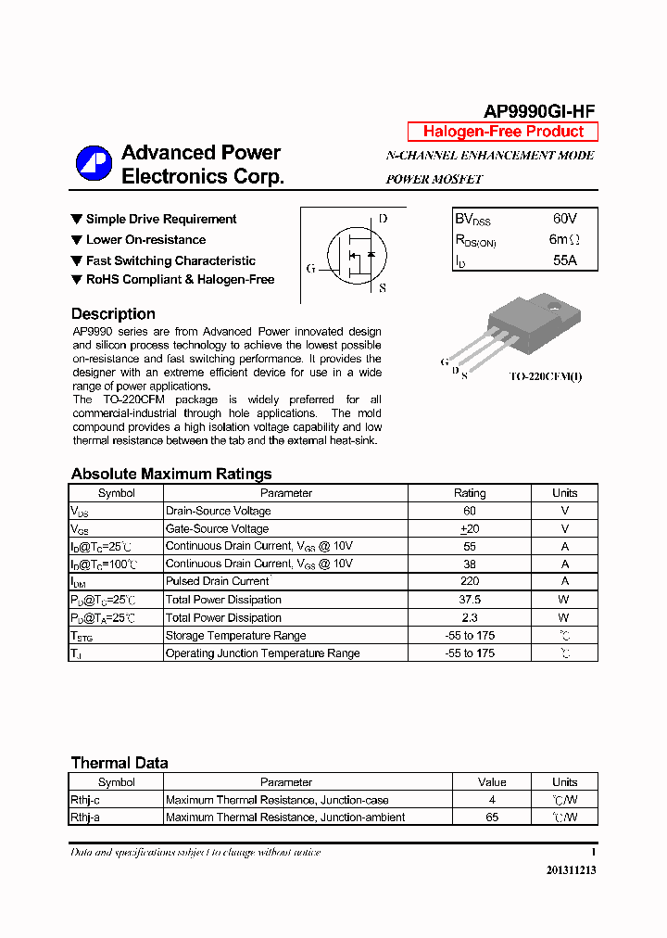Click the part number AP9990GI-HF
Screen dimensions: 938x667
pos(540,111)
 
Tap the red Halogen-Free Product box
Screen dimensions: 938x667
pos(503,132)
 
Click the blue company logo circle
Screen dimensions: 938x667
pos(94,164)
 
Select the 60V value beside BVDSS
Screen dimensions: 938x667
pos(564,219)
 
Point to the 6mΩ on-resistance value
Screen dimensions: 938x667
pos(564,239)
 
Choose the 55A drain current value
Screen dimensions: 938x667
pos(564,260)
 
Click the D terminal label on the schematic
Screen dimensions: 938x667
pos(383,219)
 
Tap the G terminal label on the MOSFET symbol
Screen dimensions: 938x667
pos(311,269)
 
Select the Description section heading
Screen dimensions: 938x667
pos(113,313)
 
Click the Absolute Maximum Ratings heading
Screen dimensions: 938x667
pos(171,474)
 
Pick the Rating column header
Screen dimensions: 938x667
pos(470,493)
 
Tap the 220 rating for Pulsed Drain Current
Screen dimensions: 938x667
pos(470,581)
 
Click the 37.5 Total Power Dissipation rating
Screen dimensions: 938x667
pos(470,600)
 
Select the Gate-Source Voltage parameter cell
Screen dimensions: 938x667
pos(218,528)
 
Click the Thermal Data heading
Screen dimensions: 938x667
pos(120,763)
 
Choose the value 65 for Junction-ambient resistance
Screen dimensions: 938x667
pos(492,818)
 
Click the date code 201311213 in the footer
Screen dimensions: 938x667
pos(566,870)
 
